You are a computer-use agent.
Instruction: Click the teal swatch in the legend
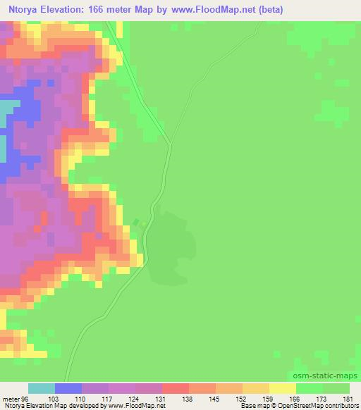tap(41, 388)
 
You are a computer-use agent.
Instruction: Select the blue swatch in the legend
tap(68, 388)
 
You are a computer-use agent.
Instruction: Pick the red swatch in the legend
tap(176, 388)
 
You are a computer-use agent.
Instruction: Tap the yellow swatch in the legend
tap(283, 388)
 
